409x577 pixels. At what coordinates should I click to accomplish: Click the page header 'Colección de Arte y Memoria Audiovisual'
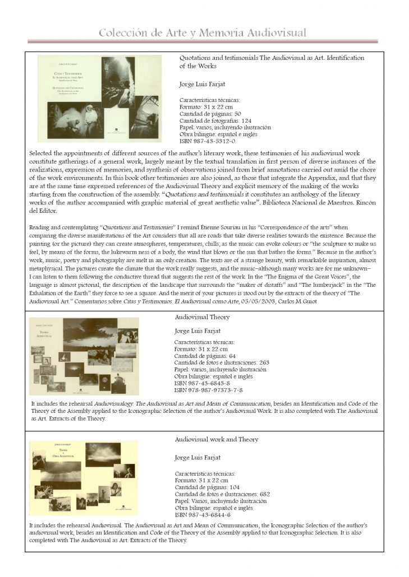[203, 33]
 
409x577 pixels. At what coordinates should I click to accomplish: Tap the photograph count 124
[250, 120]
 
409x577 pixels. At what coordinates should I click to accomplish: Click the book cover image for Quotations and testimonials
[99, 99]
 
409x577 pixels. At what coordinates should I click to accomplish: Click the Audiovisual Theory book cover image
[84, 356]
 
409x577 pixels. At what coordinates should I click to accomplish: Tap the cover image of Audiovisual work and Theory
[83, 478]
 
